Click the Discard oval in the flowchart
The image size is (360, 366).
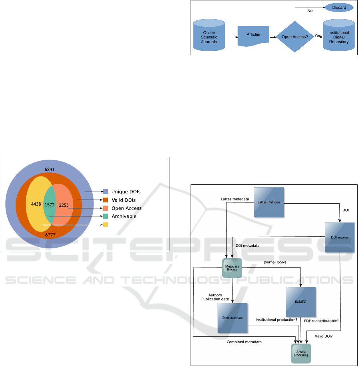[339, 8]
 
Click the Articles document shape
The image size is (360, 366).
[253, 35]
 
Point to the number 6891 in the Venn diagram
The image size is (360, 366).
[50, 170]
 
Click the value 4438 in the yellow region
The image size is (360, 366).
[36, 204]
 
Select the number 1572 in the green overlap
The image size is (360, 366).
[50, 205]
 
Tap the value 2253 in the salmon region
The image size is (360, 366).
[64, 205]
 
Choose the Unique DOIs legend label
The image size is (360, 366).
[126, 192]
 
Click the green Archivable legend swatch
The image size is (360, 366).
[105, 216]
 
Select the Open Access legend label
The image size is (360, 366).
[126, 208]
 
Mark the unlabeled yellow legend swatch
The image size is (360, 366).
[105, 225]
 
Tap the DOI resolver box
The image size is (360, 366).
[339, 237]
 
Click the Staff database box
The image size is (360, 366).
[233, 318]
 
